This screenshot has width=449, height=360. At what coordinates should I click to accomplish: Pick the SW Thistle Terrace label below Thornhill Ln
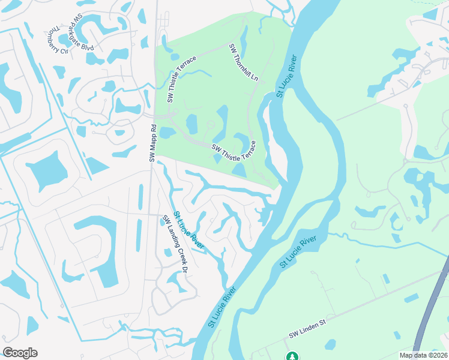(x=234, y=151)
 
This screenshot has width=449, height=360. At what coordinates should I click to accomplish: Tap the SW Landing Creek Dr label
(x=175, y=244)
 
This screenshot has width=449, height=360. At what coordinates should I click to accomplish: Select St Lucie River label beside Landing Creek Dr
(x=188, y=230)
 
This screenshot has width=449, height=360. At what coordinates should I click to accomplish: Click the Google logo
(x=20, y=353)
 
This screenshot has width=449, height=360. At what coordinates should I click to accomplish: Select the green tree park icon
(x=292, y=356)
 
